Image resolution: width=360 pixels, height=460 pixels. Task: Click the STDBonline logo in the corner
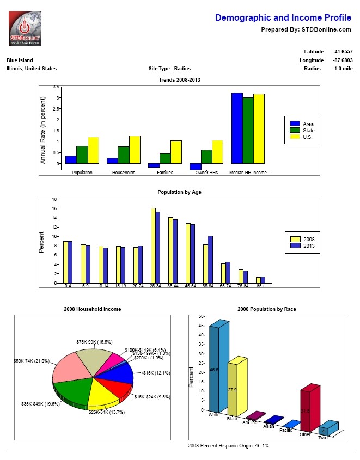coord(25,28)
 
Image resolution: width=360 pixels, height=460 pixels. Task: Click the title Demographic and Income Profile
coord(283,18)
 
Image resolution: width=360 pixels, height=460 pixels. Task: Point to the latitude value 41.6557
coord(343,52)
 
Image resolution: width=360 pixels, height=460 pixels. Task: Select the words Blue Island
coord(20,60)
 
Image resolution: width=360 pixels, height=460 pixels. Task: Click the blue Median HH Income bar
coord(237,128)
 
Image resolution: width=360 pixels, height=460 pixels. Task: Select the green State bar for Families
coord(165,158)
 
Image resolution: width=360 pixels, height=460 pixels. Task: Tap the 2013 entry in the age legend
coord(308,246)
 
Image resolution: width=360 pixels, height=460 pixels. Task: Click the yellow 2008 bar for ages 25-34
coord(153,245)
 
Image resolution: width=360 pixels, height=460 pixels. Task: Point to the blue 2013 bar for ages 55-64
coord(210,259)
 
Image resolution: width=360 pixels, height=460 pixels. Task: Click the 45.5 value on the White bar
coord(213,370)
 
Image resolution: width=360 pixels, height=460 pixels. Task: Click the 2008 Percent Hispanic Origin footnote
coord(228,445)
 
